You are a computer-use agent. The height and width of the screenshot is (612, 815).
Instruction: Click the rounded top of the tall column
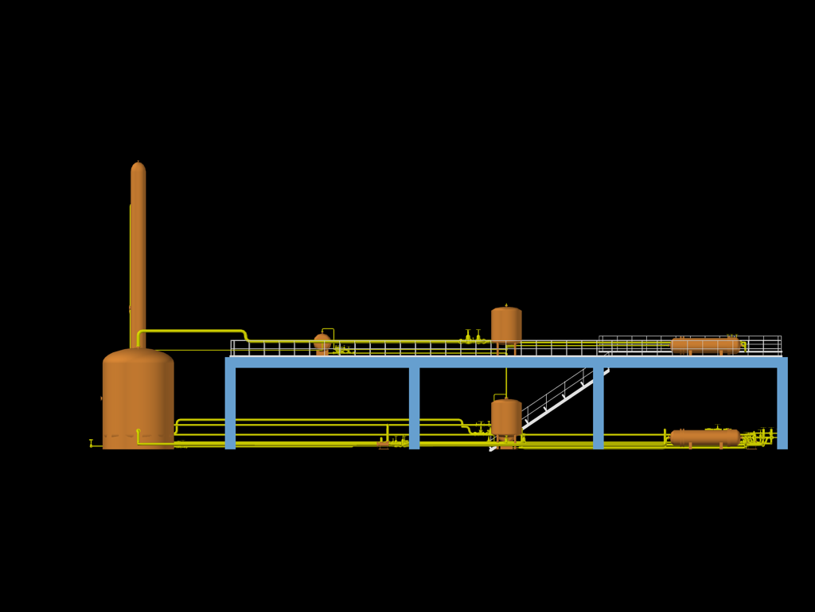pos(138,167)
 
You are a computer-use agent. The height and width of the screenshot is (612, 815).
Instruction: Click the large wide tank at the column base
pos(138,398)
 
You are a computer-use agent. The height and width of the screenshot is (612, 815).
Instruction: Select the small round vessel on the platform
pos(322,343)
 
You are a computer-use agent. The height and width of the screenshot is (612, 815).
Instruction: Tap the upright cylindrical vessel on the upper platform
pos(506,325)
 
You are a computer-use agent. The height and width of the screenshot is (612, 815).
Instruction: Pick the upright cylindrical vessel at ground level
pos(506,418)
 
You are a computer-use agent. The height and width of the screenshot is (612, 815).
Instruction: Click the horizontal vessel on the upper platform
pos(705,346)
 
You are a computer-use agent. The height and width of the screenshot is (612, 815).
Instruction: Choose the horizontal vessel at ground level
pos(705,437)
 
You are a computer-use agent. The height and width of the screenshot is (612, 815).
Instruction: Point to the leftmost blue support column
pos(230,406)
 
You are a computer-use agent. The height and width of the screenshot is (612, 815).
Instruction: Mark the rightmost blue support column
pos(782,406)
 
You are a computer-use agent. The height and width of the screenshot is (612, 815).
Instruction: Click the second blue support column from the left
pos(414,406)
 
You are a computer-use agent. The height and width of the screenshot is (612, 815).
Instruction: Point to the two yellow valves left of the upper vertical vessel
pos(473,338)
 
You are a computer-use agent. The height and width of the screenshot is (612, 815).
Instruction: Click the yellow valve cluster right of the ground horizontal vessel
pos(760,437)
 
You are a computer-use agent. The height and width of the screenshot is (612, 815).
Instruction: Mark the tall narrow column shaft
pos(138,255)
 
